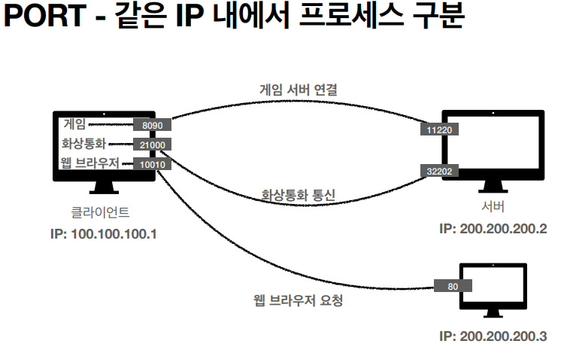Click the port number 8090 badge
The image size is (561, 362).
(x=152, y=125)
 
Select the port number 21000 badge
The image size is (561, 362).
(x=152, y=144)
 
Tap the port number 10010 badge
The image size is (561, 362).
(x=152, y=164)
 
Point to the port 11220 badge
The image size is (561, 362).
(x=438, y=130)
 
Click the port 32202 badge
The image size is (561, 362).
(x=438, y=172)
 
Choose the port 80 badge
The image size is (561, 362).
(x=453, y=286)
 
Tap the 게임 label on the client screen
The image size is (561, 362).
(x=75, y=124)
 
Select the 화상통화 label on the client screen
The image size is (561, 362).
(x=84, y=144)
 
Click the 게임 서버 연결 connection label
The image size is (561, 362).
(x=298, y=90)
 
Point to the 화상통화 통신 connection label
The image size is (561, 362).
(x=298, y=194)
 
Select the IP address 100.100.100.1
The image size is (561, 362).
(x=104, y=233)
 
